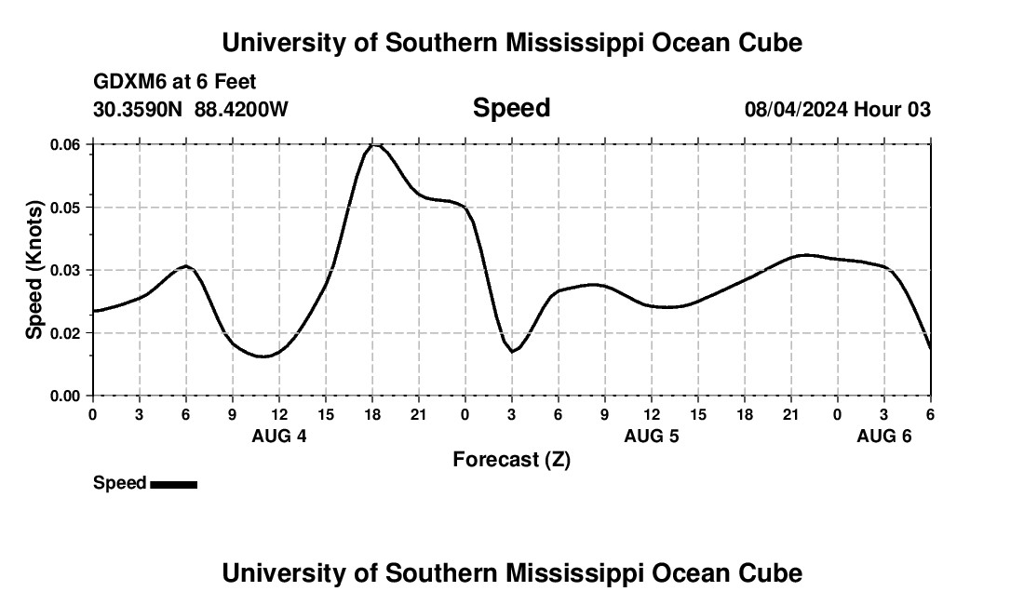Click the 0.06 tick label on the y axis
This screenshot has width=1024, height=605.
click(x=65, y=144)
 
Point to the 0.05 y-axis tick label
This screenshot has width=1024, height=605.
click(x=65, y=207)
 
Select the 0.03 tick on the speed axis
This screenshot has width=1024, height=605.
click(x=65, y=270)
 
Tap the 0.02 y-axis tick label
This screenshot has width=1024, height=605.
click(x=65, y=332)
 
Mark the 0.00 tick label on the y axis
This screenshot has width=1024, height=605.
click(x=65, y=396)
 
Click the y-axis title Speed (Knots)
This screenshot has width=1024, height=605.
click(x=34, y=270)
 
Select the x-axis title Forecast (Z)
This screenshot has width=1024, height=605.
click(x=511, y=459)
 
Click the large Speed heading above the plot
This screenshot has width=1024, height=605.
click(x=511, y=108)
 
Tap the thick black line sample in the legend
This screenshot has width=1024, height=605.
click(x=173, y=484)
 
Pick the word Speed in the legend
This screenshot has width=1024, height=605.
click(x=119, y=483)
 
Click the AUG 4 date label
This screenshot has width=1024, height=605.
click(x=279, y=436)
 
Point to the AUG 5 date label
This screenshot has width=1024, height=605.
click(x=651, y=436)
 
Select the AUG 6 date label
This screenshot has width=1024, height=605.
click(x=883, y=436)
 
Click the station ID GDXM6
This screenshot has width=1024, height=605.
click(x=126, y=82)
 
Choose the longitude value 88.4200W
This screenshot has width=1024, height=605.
click(x=241, y=110)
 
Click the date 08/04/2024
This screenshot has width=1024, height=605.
click(x=796, y=110)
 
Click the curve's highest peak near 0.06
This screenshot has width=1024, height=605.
click(x=374, y=145)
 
